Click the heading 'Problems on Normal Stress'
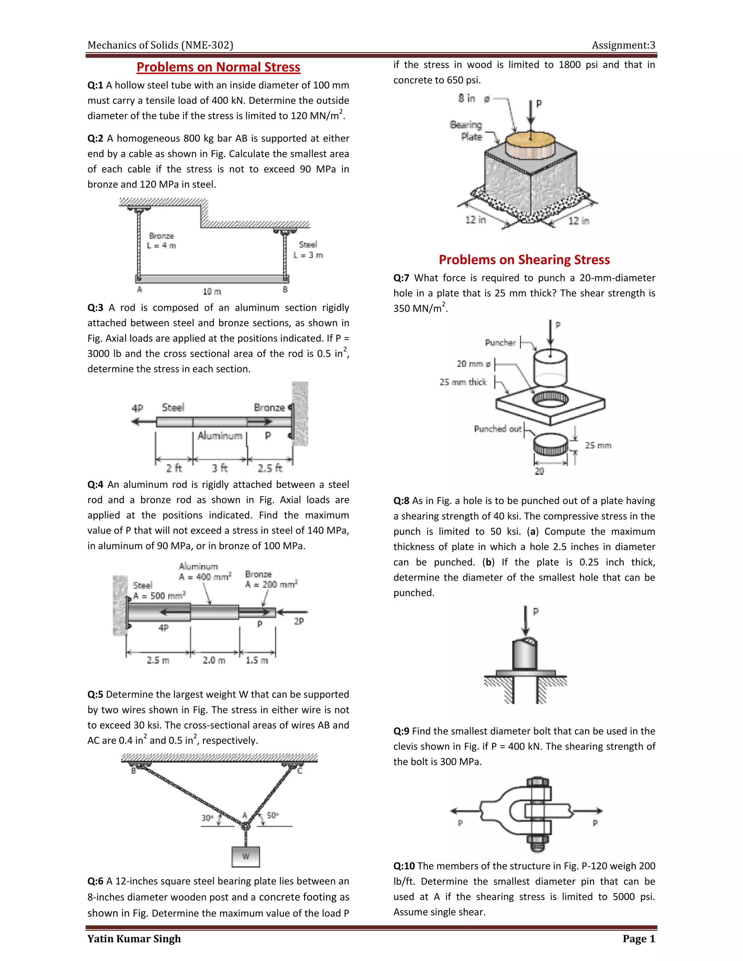(218, 67)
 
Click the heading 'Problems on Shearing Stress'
(524, 260)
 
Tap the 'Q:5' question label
(95, 694)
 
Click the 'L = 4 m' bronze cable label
(161, 246)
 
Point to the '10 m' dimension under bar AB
(212, 292)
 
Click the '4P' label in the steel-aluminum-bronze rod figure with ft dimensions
(137, 408)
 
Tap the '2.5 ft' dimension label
(270, 468)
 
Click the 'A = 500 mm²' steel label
(159, 596)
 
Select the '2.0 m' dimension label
(214, 660)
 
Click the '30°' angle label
(207, 817)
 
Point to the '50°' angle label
(272, 815)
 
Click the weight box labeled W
(246, 856)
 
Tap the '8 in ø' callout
(473, 99)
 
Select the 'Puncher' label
(500, 342)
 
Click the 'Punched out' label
(497, 429)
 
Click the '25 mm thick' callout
(463, 382)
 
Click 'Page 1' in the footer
(639, 939)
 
